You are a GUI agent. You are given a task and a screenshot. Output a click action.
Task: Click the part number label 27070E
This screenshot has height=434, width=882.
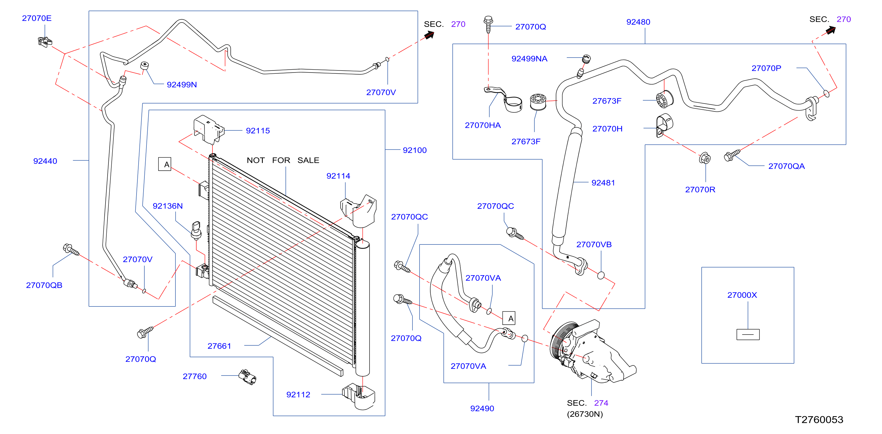pos(37,18)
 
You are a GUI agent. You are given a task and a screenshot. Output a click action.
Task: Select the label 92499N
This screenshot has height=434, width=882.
pos(182,85)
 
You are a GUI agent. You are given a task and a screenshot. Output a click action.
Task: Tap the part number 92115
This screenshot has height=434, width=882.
pos(258,130)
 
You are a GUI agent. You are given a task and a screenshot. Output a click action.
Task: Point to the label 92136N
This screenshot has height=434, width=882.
pos(168,206)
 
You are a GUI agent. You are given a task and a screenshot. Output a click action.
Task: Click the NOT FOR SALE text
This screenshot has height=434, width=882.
pos(283,160)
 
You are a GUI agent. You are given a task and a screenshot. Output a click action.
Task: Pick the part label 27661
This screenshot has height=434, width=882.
pos(219,346)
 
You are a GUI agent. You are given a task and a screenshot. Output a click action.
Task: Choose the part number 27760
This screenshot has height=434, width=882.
pos(194,376)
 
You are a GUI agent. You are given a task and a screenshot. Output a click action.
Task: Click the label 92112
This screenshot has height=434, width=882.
pos(298,395)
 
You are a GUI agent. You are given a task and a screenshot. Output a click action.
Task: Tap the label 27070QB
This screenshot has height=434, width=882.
pos(44,285)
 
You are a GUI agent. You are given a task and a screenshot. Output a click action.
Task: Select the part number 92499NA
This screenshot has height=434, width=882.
pos(529,58)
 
